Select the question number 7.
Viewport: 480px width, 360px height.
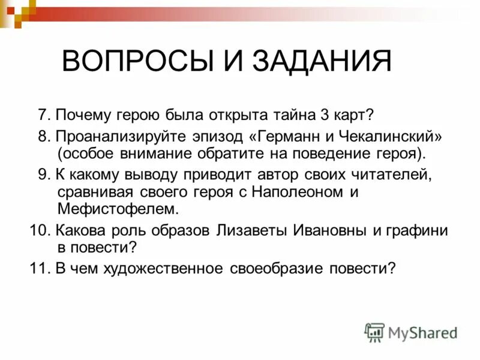pos(42,115)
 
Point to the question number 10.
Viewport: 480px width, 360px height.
pos(38,230)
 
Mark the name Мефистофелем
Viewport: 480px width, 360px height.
pos(119,209)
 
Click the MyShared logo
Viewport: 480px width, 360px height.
pos(411,332)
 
